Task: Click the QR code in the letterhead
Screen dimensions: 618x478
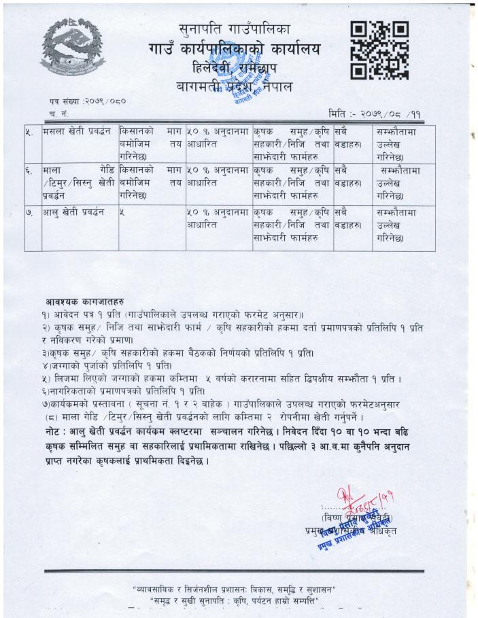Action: coord(379,49)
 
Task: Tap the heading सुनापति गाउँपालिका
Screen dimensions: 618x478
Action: coord(235,29)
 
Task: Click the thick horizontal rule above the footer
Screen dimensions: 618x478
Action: coord(235,571)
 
